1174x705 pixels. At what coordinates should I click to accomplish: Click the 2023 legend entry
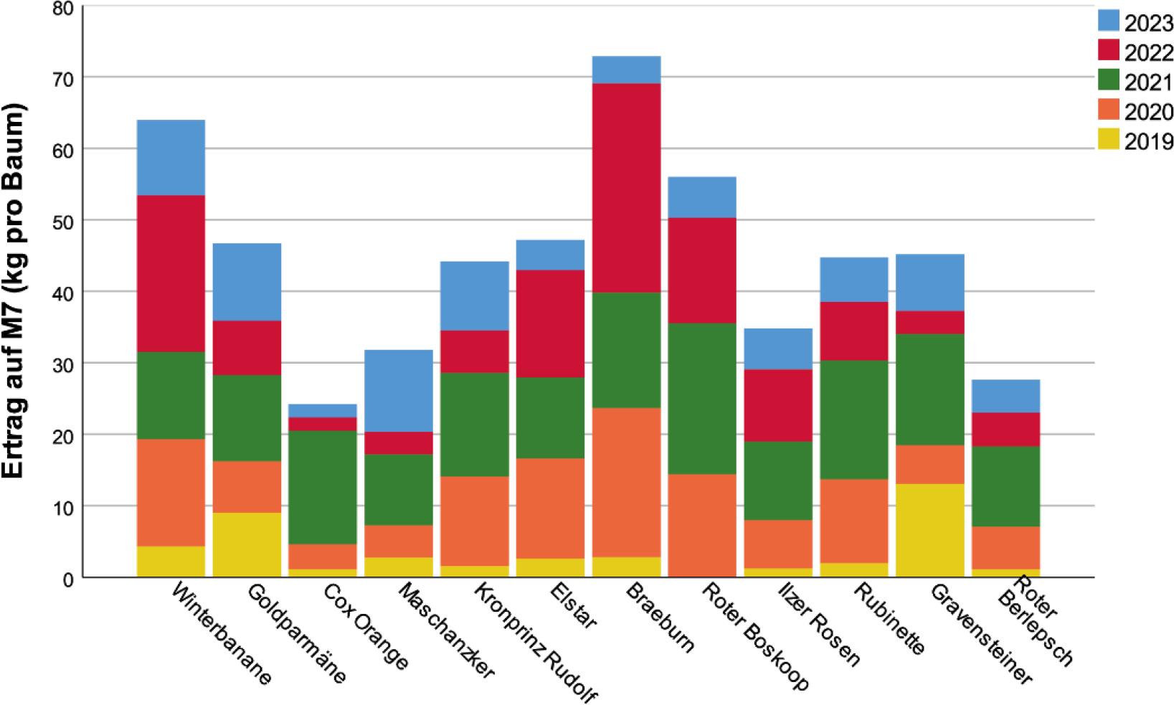[x=1135, y=23]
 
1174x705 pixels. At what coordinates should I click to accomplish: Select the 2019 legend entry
[x=1135, y=141]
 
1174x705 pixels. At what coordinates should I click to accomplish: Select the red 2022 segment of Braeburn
[x=627, y=188]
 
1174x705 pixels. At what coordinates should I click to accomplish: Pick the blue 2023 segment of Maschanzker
[x=399, y=391]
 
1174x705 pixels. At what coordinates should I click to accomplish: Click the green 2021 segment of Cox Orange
[x=323, y=488]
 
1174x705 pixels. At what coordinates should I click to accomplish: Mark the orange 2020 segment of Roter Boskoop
[x=702, y=525]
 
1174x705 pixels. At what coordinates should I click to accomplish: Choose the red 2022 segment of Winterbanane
[x=171, y=273]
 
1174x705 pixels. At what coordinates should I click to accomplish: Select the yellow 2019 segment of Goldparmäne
[x=247, y=544]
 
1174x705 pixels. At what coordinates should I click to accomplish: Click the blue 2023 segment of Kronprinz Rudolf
[x=475, y=295]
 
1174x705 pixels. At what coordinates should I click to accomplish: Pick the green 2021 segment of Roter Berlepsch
[x=1006, y=486]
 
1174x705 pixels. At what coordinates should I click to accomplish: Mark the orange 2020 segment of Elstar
[x=551, y=508]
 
